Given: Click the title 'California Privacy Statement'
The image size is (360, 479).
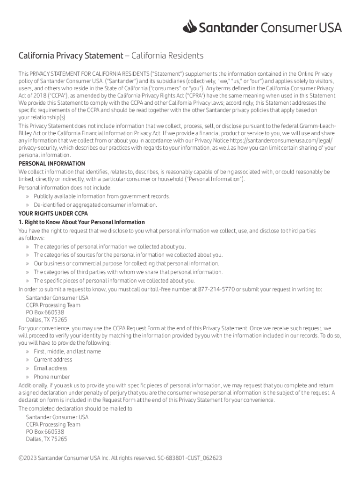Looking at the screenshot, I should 71,56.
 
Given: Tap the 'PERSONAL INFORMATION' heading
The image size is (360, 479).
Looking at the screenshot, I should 51,164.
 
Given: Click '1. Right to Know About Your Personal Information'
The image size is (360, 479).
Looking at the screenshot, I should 81,222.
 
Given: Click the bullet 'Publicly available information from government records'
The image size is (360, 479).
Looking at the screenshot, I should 101,196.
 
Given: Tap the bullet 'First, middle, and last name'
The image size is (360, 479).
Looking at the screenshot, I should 67,351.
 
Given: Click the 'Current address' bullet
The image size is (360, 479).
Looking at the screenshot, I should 53,360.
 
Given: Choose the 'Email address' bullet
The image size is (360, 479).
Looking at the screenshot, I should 50,368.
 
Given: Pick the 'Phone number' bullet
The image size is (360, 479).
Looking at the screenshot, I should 52,377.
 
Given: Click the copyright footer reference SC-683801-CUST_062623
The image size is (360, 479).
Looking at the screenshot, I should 189,458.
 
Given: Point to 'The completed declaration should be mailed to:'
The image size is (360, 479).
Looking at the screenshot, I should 76,408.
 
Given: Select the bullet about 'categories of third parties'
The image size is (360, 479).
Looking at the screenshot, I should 128,272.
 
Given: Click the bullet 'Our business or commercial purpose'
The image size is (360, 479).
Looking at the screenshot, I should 126,264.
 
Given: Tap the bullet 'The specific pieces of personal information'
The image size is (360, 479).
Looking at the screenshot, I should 114,281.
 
